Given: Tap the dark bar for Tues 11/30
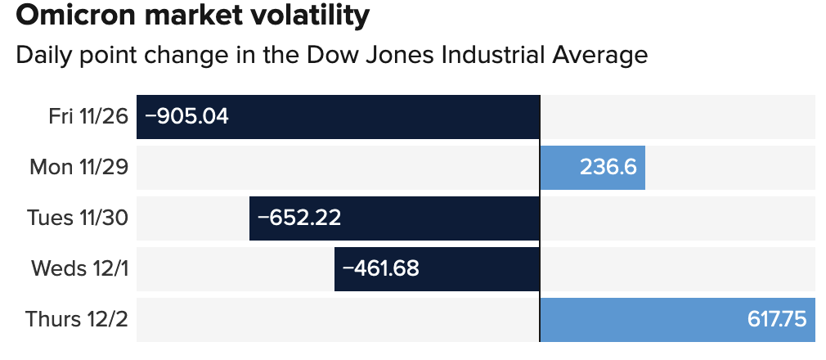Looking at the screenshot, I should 442,218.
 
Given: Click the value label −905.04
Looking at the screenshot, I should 186,117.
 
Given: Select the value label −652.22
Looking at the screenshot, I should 299,218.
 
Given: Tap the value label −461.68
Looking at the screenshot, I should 380,269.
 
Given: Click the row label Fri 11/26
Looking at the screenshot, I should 88,117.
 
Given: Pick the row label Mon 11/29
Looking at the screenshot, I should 79,168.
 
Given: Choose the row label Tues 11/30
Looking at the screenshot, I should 78,218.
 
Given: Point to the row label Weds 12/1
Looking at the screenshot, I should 79,269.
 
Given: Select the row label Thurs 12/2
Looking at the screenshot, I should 77,320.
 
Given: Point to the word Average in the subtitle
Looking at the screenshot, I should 599,56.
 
